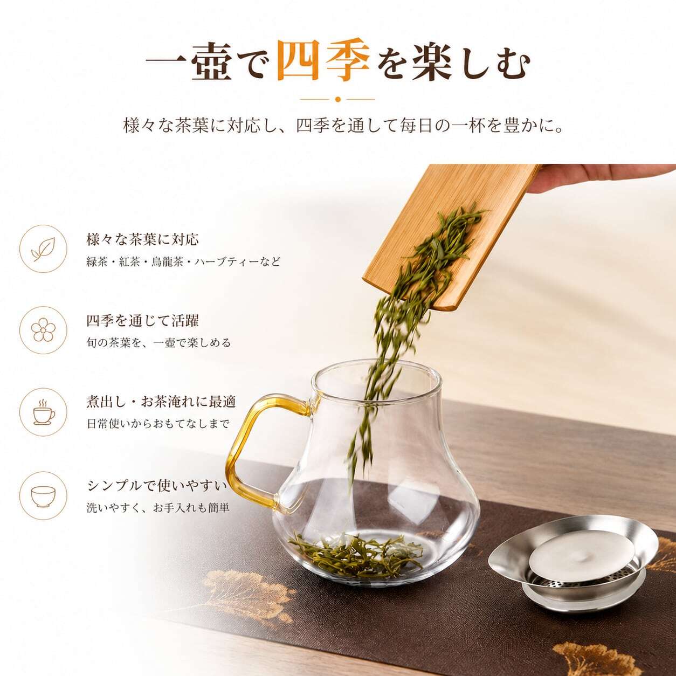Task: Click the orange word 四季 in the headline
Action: coord(323,61)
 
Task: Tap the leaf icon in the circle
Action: coord(44,249)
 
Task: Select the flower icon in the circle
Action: coord(44,330)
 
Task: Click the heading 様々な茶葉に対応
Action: coord(142,239)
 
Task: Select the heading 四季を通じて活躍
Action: coord(142,321)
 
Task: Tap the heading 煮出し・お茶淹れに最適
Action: coord(161,402)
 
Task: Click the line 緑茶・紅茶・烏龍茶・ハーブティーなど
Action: coord(183,261)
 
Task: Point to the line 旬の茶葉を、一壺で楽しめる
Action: coord(158,343)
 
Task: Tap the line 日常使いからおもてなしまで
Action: coord(158,424)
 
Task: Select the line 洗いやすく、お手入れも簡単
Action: coord(158,508)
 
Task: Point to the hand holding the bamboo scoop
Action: coord(602,178)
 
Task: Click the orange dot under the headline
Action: coord(338,99)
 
